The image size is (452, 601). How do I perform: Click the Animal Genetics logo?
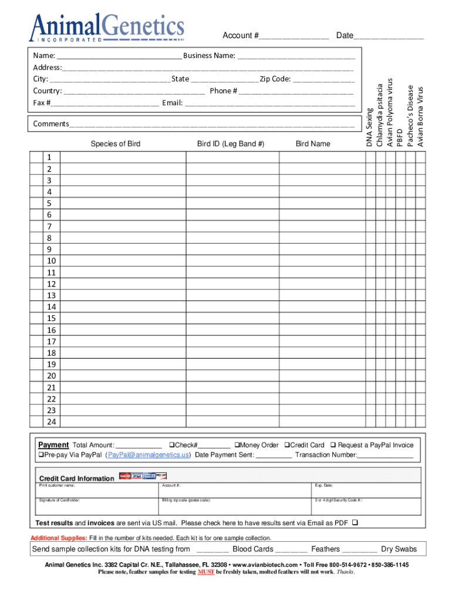108,27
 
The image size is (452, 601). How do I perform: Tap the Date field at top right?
389,36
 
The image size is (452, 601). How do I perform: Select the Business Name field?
296,56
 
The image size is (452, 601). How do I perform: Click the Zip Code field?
323,79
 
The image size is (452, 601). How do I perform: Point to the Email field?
270,103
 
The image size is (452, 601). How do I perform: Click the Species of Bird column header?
115,144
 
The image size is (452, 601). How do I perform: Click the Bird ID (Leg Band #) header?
231,144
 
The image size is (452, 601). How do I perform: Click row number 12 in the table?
52,284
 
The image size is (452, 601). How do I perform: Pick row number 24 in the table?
52,422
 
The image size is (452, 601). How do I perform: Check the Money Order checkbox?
238,445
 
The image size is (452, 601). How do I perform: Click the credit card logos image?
143,476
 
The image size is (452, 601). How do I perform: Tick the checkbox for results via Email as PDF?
355,522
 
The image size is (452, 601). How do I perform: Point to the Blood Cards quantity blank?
212,550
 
